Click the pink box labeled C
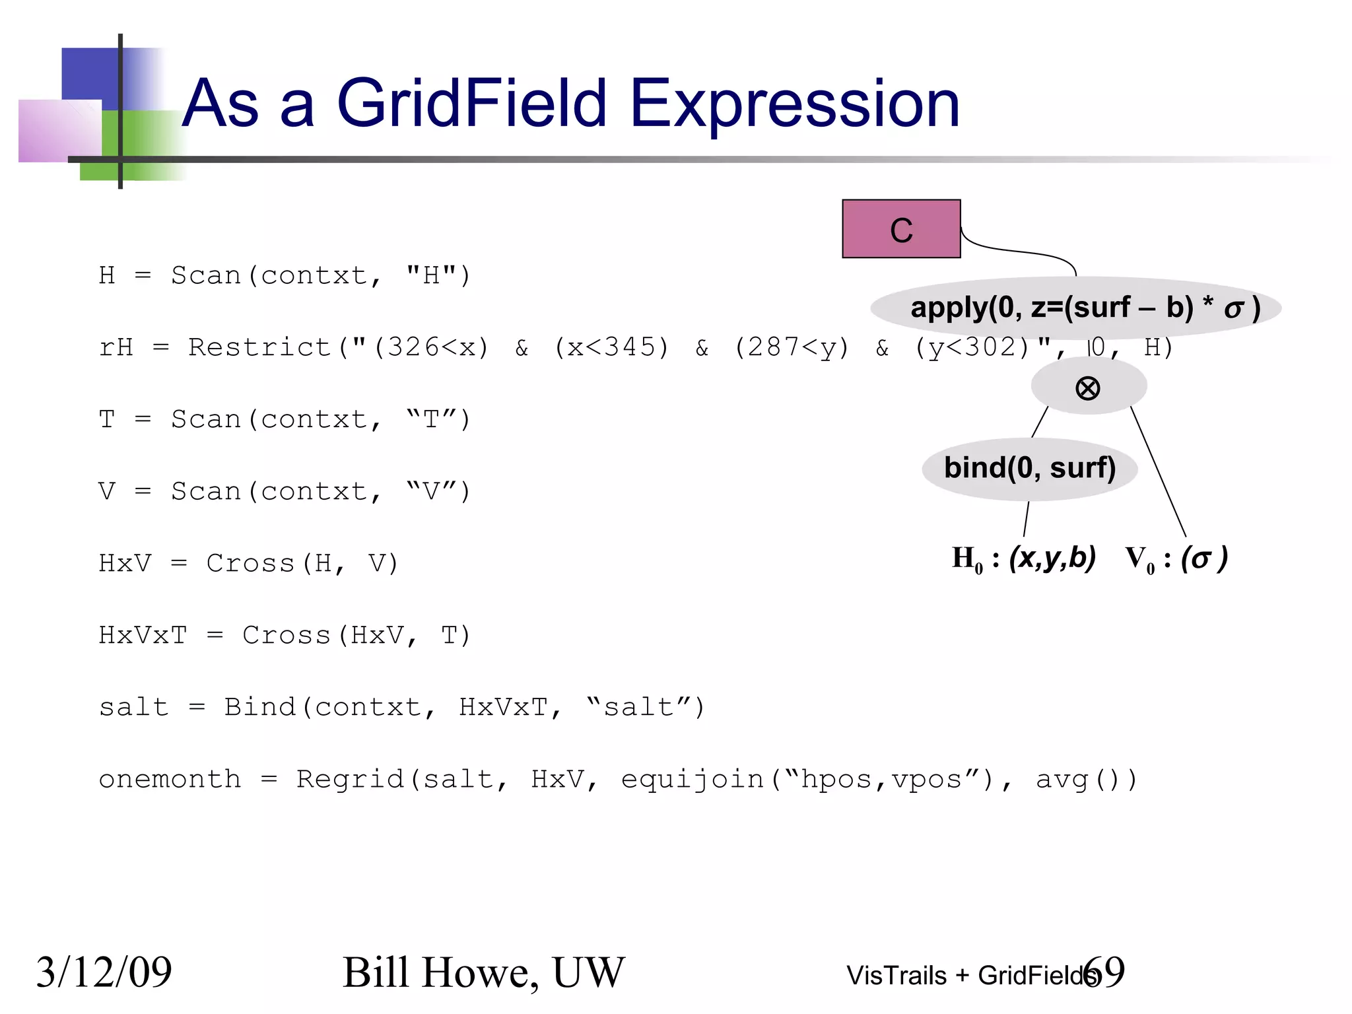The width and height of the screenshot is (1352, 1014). pos(900,228)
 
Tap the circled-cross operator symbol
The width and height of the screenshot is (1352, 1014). pos(1087,388)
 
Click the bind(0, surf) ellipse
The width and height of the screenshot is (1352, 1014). pos(1029,468)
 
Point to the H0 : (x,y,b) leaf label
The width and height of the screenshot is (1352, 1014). pos(1023,558)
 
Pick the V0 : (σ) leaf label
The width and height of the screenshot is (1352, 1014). pos(1176,558)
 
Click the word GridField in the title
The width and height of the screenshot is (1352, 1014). pos(471,104)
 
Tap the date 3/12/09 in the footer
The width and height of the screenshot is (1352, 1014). pos(104,972)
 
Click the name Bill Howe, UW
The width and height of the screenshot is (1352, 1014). pos(483,972)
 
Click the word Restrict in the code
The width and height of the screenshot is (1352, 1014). pos(259,347)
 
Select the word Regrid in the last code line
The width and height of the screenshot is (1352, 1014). pos(350,780)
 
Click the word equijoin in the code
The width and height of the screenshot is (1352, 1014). pos(693,780)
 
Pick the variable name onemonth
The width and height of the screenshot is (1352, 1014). pos(170,780)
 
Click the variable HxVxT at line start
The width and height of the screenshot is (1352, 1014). pos(143,635)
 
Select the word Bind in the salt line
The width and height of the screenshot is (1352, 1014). pos(259,707)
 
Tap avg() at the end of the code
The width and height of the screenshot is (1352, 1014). pos(1086,780)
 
